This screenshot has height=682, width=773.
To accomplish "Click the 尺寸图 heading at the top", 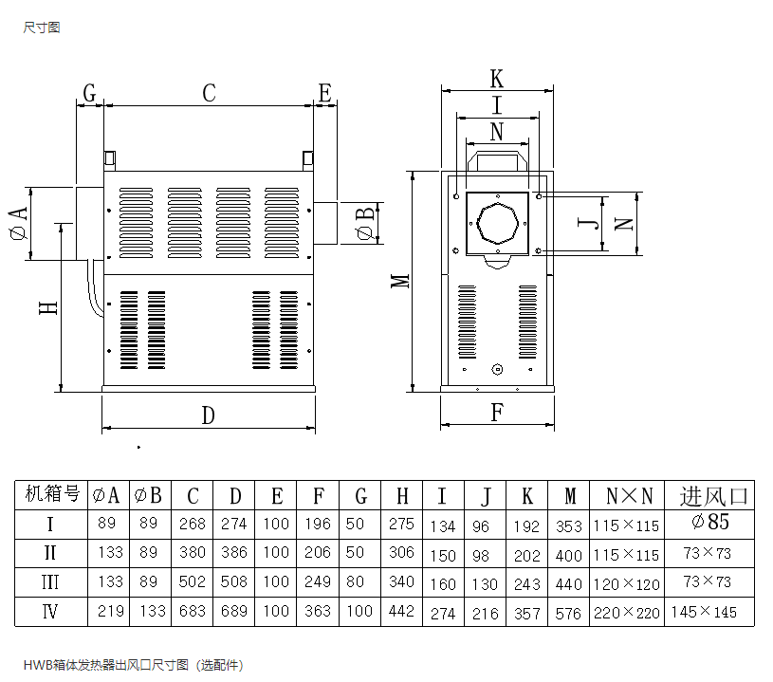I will pos(42,28).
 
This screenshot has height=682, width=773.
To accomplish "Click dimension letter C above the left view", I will pos(209,93).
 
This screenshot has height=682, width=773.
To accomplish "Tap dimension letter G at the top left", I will pos(89,93).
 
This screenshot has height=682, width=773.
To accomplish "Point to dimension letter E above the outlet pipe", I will pos(324,93).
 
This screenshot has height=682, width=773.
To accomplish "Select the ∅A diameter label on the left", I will pos(18,223).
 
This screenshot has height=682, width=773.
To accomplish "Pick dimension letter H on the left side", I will pos(48,308).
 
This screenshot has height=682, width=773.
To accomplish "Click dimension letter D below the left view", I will pos(209,415).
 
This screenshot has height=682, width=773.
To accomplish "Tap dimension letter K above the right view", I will pos(496,79).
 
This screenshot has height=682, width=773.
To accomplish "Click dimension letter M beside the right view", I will pos(401,281).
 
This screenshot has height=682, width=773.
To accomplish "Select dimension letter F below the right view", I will pos(496,413).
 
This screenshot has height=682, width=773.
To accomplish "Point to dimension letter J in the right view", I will pos(590,223).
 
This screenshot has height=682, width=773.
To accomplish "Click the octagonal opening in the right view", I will pos(497,224).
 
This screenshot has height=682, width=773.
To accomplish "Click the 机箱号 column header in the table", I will pos(51,494).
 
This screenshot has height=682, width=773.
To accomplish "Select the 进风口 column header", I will pos(713,495).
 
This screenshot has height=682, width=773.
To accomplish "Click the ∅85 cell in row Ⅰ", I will pos(711,522).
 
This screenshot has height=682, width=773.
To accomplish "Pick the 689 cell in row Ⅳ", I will pos(233,612).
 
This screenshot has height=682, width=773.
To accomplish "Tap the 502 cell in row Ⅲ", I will pos(193,581).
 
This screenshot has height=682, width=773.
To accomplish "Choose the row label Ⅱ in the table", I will pos(51,552).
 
